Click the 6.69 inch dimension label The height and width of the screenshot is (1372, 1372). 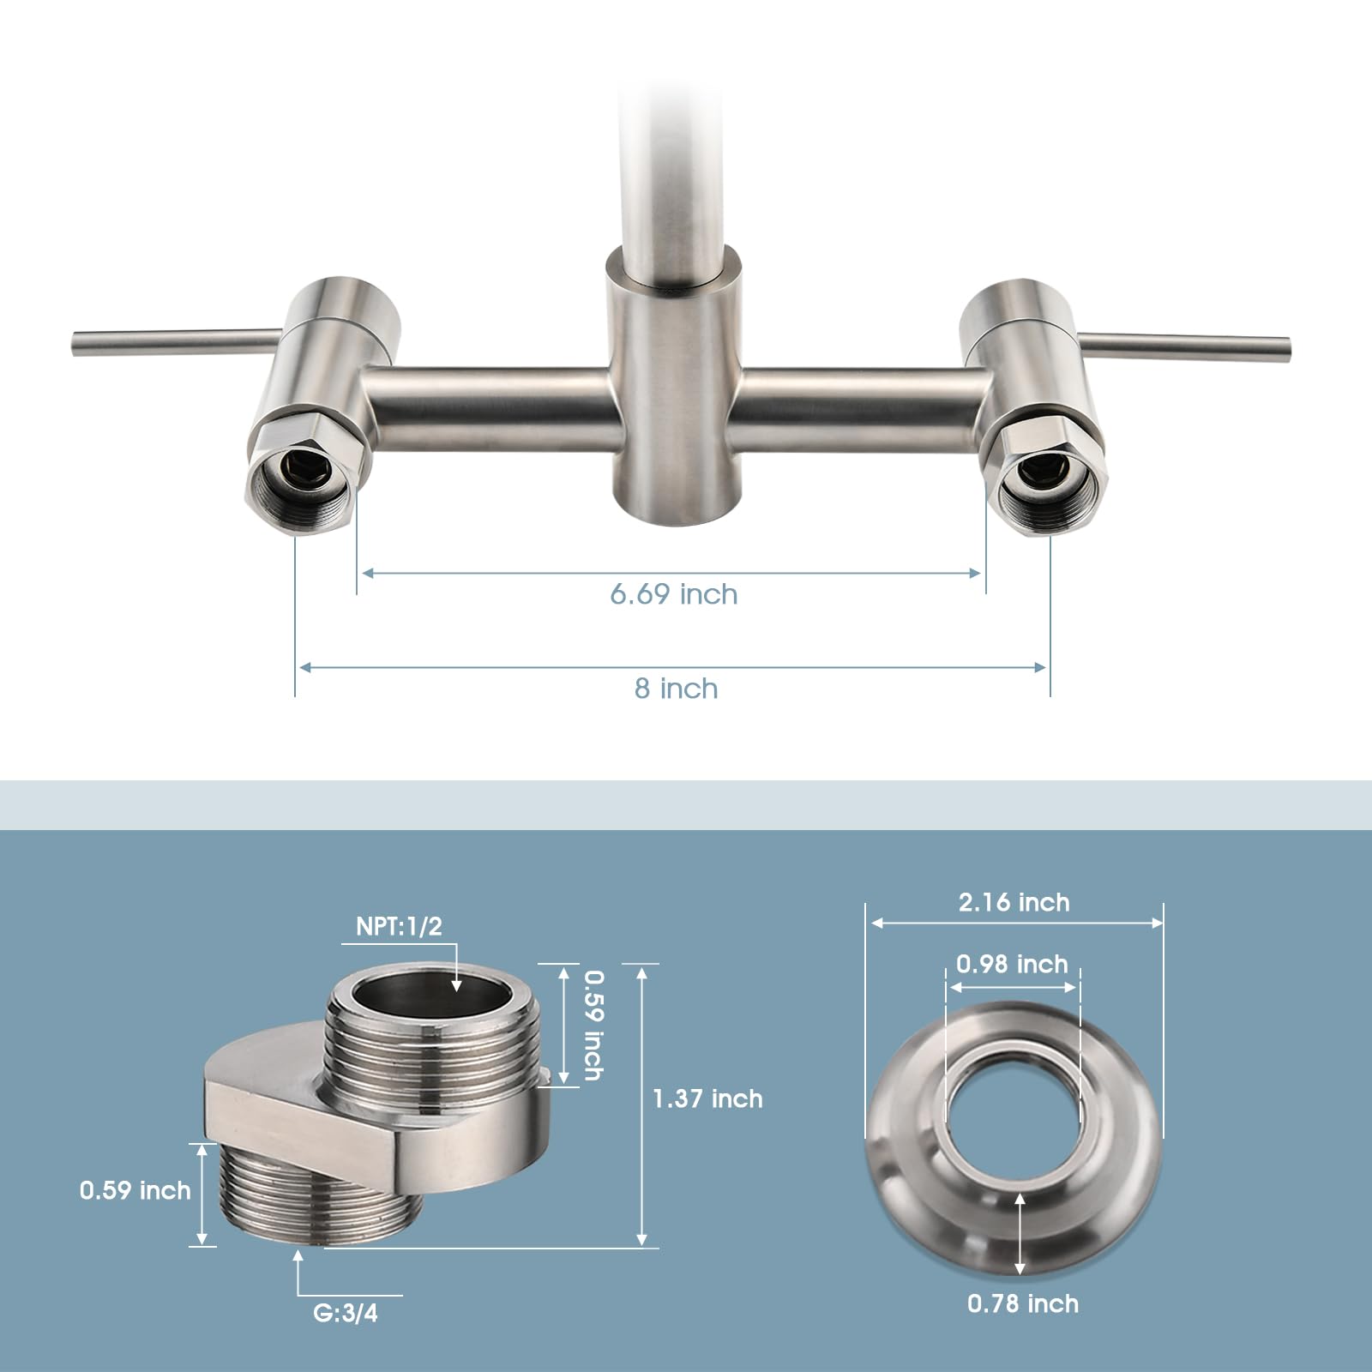click(673, 594)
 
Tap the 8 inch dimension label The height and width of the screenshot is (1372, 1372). click(676, 689)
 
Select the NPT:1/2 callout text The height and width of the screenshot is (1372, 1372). click(399, 927)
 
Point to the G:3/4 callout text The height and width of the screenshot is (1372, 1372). click(346, 1313)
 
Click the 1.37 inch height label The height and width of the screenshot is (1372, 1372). click(707, 1099)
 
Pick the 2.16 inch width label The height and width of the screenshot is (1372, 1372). click(1014, 903)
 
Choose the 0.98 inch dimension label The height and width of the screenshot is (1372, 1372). click(1012, 965)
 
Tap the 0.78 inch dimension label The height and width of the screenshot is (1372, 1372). click(1023, 1304)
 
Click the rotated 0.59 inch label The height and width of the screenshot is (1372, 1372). click(594, 1025)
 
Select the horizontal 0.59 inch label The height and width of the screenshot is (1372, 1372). click(135, 1190)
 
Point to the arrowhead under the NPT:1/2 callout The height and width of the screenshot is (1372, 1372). click(456, 986)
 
